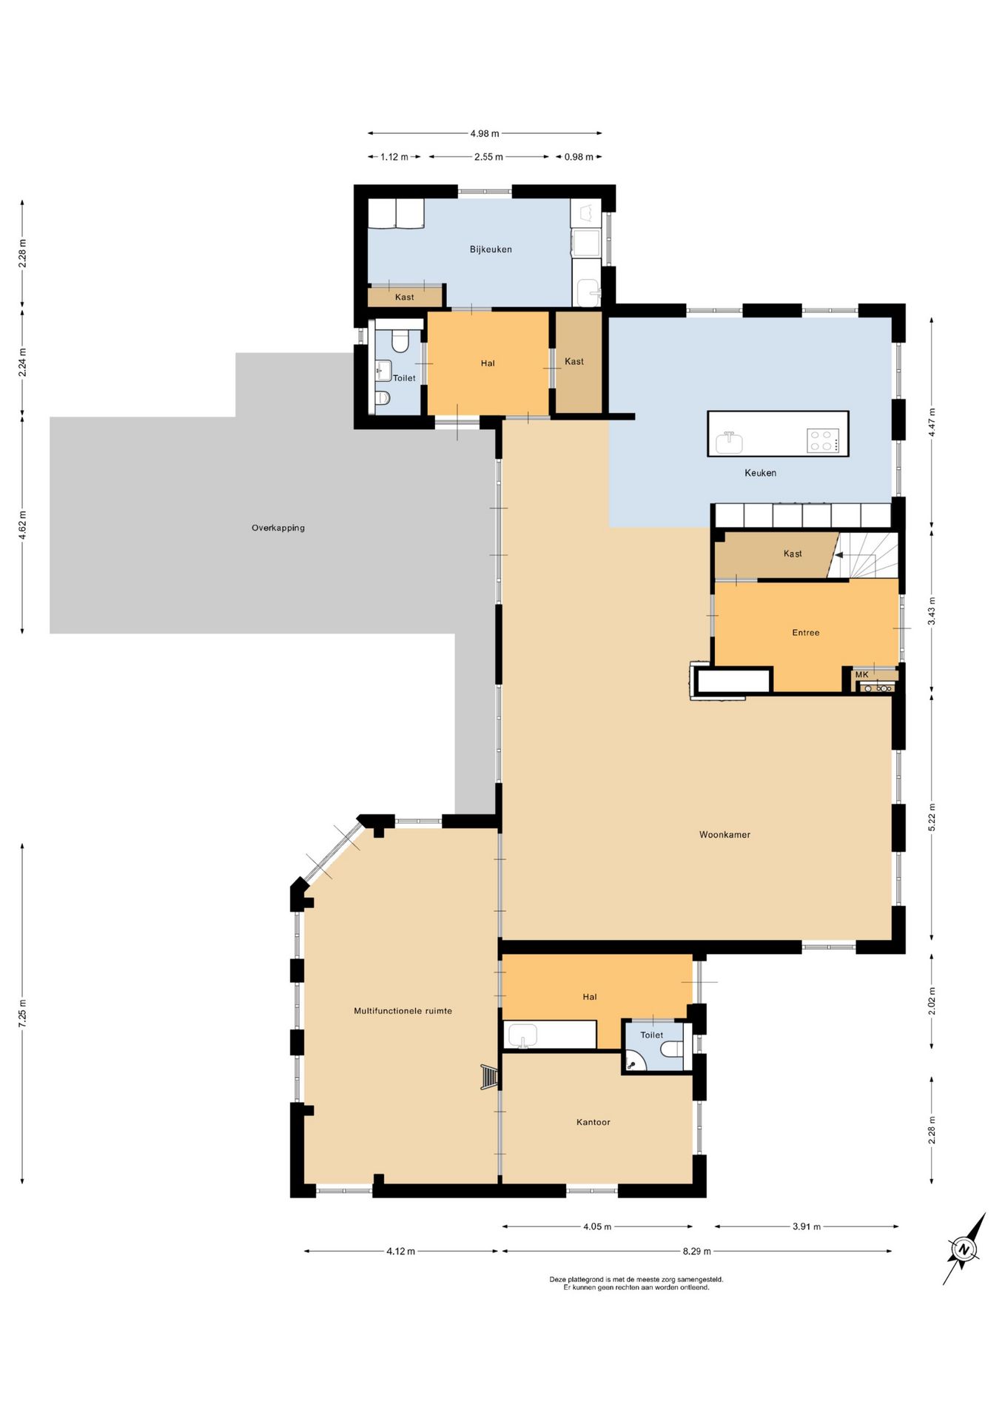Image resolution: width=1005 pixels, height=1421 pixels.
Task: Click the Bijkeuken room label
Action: pyautogui.click(x=491, y=249)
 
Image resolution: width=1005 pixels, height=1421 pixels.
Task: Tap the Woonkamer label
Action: pyautogui.click(x=725, y=835)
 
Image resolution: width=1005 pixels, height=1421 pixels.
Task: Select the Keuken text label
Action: pyautogui.click(x=760, y=473)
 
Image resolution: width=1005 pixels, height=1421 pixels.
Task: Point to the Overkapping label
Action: pyautogui.click(x=278, y=528)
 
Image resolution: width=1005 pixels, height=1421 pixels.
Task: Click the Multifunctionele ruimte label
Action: pyautogui.click(x=403, y=1011)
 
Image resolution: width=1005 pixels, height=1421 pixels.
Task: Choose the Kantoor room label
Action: pyautogui.click(x=594, y=1122)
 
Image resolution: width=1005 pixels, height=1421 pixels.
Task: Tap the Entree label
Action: pyautogui.click(x=806, y=633)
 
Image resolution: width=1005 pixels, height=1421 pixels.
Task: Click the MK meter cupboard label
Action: pyautogui.click(x=861, y=675)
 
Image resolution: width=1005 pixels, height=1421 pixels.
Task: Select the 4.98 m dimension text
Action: pyautogui.click(x=485, y=134)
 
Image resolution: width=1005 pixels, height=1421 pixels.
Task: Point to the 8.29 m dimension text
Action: pyautogui.click(x=696, y=1252)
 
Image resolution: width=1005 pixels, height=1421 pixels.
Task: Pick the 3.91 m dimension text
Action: pyautogui.click(x=807, y=1226)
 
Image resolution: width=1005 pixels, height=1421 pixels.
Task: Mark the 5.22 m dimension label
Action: pyautogui.click(x=932, y=817)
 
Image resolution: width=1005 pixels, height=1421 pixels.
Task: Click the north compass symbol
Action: pyautogui.click(x=964, y=1249)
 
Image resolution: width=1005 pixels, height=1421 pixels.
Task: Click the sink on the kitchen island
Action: pyautogui.click(x=729, y=443)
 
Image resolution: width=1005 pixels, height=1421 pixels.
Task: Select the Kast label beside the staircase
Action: pyautogui.click(x=793, y=554)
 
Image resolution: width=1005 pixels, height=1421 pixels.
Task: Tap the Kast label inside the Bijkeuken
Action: pyautogui.click(x=405, y=298)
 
